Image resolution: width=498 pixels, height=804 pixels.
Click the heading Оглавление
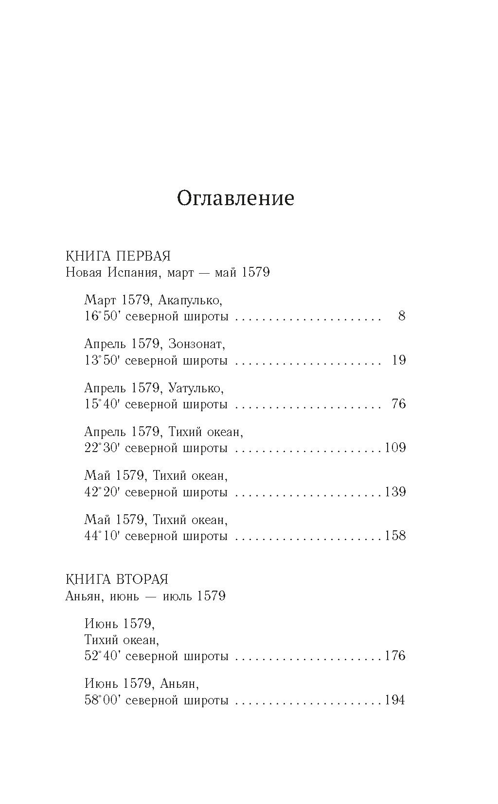click(x=235, y=199)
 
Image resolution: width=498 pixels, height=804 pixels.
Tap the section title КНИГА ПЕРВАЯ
click(x=118, y=256)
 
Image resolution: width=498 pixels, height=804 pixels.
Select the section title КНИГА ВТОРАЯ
click(x=117, y=579)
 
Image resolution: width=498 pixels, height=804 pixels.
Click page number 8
click(x=401, y=316)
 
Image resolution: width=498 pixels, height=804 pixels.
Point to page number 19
click(x=398, y=360)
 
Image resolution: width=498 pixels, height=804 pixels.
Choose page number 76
click(x=398, y=404)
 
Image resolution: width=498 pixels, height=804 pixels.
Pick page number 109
click(x=395, y=448)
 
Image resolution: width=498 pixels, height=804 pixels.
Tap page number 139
click(x=395, y=492)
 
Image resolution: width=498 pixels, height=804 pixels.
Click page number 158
click(x=395, y=536)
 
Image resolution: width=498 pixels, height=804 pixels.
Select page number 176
click(x=395, y=656)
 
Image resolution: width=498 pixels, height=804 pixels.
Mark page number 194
click(x=395, y=700)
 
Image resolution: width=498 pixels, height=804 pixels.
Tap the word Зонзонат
click(x=197, y=345)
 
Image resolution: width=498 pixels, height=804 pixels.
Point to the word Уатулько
click(x=196, y=388)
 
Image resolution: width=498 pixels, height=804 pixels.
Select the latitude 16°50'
click(x=102, y=317)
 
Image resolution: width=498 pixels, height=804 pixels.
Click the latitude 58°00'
click(x=102, y=700)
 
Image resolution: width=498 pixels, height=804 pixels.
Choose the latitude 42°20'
click(x=102, y=492)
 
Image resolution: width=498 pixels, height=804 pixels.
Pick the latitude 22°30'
click(x=102, y=448)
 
